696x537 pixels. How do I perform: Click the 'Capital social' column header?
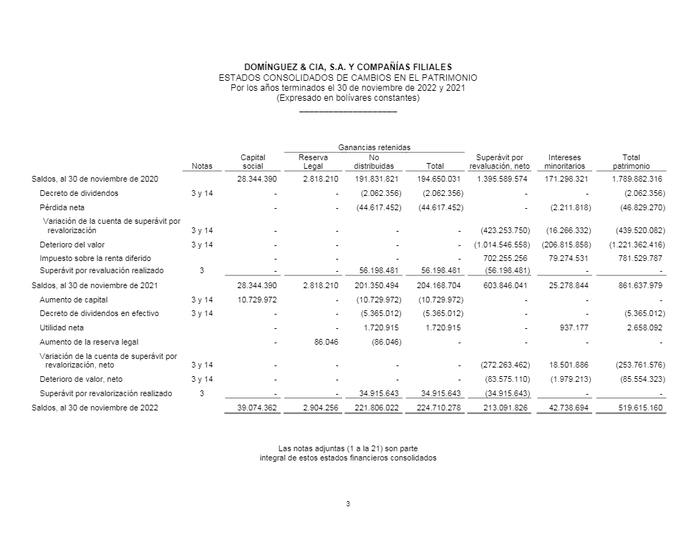click(253, 162)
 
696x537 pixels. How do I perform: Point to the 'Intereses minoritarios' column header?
click(564, 162)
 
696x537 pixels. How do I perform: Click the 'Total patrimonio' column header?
click(631, 162)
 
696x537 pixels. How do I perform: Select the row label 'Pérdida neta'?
click(62, 207)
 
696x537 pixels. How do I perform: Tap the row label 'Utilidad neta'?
click(62, 327)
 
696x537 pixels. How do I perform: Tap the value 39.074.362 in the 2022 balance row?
click(256, 408)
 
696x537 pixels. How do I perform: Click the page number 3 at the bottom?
click(348, 504)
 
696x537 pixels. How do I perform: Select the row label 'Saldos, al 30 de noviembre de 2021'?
click(95, 285)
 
